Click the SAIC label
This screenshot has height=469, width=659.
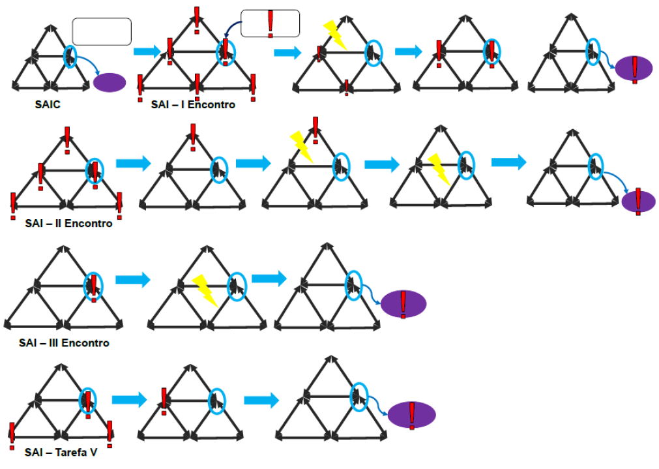(x=48, y=104)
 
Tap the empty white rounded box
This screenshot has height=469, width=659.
(x=102, y=31)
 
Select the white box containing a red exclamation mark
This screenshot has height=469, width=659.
(x=270, y=23)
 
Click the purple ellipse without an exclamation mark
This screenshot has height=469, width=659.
(x=110, y=82)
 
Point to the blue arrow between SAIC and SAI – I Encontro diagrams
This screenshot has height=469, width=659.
(x=147, y=52)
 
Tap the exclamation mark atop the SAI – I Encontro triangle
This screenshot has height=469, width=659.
(x=197, y=18)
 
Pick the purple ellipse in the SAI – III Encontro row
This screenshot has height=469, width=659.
(x=403, y=304)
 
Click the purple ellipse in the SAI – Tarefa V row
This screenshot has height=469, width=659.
(x=411, y=415)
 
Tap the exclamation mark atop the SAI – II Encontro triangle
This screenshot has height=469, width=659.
(x=67, y=138)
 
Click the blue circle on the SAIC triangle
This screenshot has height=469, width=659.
(x=70, y=57)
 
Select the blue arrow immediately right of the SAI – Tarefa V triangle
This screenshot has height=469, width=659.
(x=129, y=399)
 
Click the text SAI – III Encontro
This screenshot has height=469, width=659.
(x=64, y=342)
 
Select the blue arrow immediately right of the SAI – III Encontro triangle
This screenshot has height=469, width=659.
(x=132, y=280)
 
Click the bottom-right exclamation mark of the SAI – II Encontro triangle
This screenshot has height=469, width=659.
(x=120, y=205)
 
